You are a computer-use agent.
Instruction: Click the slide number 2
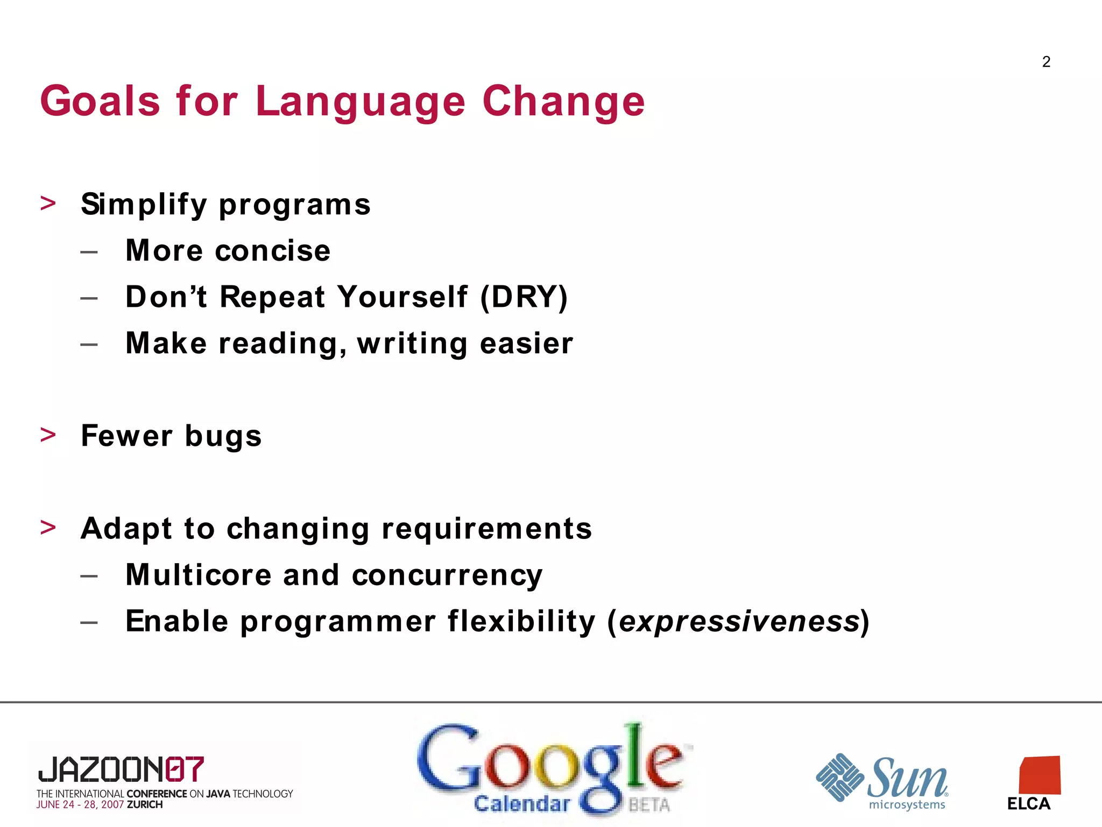(x=1046, y=62)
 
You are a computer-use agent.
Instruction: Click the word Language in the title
(x=360, y=102)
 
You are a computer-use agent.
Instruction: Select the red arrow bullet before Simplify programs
(x=48, y=203)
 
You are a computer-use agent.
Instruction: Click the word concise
(x=273, y=251)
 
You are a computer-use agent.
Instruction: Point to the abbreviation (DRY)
(x=524, y=297)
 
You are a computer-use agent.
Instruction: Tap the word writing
(x=412, y=344)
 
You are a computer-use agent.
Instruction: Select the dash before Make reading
(x=89, y=344)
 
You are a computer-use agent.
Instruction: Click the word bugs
(x=223, y=436)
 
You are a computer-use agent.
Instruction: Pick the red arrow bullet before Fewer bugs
(x=48, y=434)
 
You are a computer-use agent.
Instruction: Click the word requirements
(x=486, y=529)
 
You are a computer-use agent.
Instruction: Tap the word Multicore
(x=198, y=574)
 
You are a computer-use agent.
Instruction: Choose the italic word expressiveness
(x=738, y=622)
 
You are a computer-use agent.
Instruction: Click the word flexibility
(x=521, y=621)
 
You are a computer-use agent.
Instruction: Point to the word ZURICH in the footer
(x=145, y=805)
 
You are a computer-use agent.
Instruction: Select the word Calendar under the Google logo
(x=521, y=804)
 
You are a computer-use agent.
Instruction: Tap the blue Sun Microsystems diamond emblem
(x=839, y=777)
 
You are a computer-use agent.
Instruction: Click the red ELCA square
(x=1040, y=775)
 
